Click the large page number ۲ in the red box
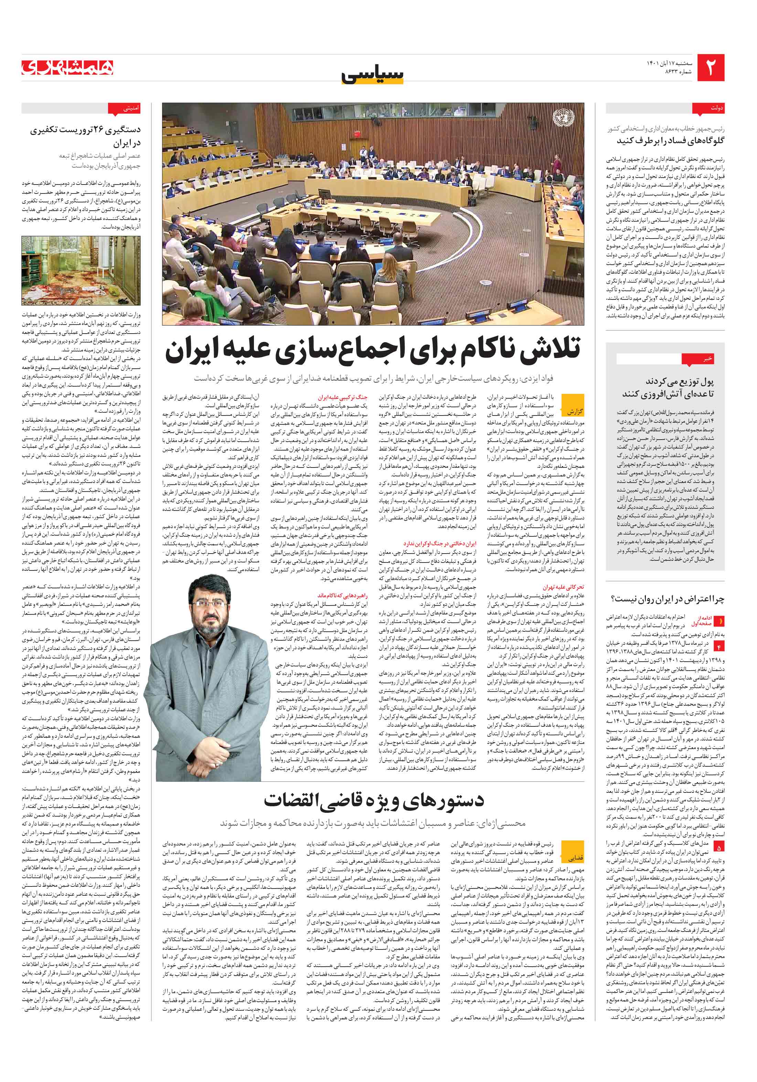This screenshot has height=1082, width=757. click(x=710, y=68)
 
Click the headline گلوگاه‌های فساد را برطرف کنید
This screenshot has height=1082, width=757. click(x=671, y=141)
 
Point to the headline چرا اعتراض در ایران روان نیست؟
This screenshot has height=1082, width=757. click(x=668, y=599)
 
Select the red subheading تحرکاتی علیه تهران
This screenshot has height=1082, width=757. click(x=563, y=587)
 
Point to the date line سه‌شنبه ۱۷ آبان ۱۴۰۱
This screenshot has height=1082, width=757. click(x=669, y=63)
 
